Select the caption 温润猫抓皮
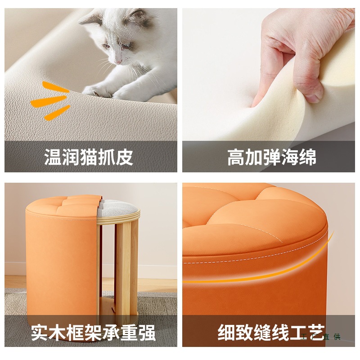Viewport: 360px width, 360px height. point(89,157)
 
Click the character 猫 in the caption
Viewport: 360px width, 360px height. point(89,157)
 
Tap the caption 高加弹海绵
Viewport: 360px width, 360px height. point(271,157)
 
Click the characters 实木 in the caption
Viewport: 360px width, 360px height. point(49,333)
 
